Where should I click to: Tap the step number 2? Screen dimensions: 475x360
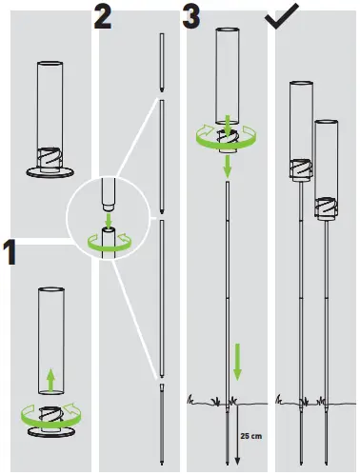coord(104,15)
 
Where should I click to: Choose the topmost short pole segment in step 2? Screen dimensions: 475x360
coord(162,61)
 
